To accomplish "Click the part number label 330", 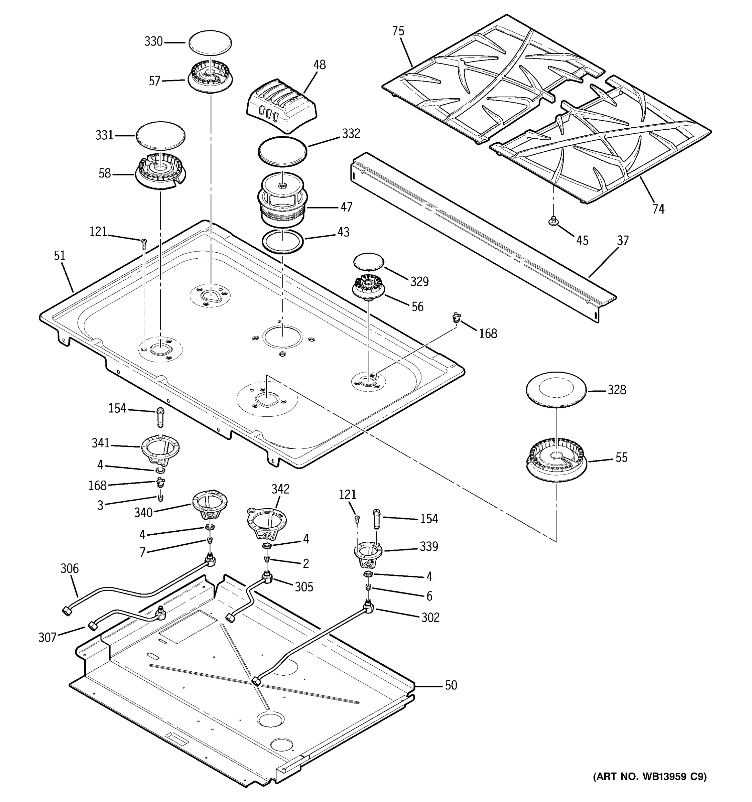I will point(153,41).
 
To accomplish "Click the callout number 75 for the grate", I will point(398,31).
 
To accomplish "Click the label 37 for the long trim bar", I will point(623,241).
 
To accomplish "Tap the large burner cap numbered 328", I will point(556,390).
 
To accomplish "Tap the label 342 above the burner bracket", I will point(280,489).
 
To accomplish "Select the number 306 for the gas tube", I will point(70,568).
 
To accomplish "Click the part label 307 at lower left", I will point(47,637).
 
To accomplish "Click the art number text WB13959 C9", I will point(649,777).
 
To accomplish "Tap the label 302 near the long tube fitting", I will point(430,617).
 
